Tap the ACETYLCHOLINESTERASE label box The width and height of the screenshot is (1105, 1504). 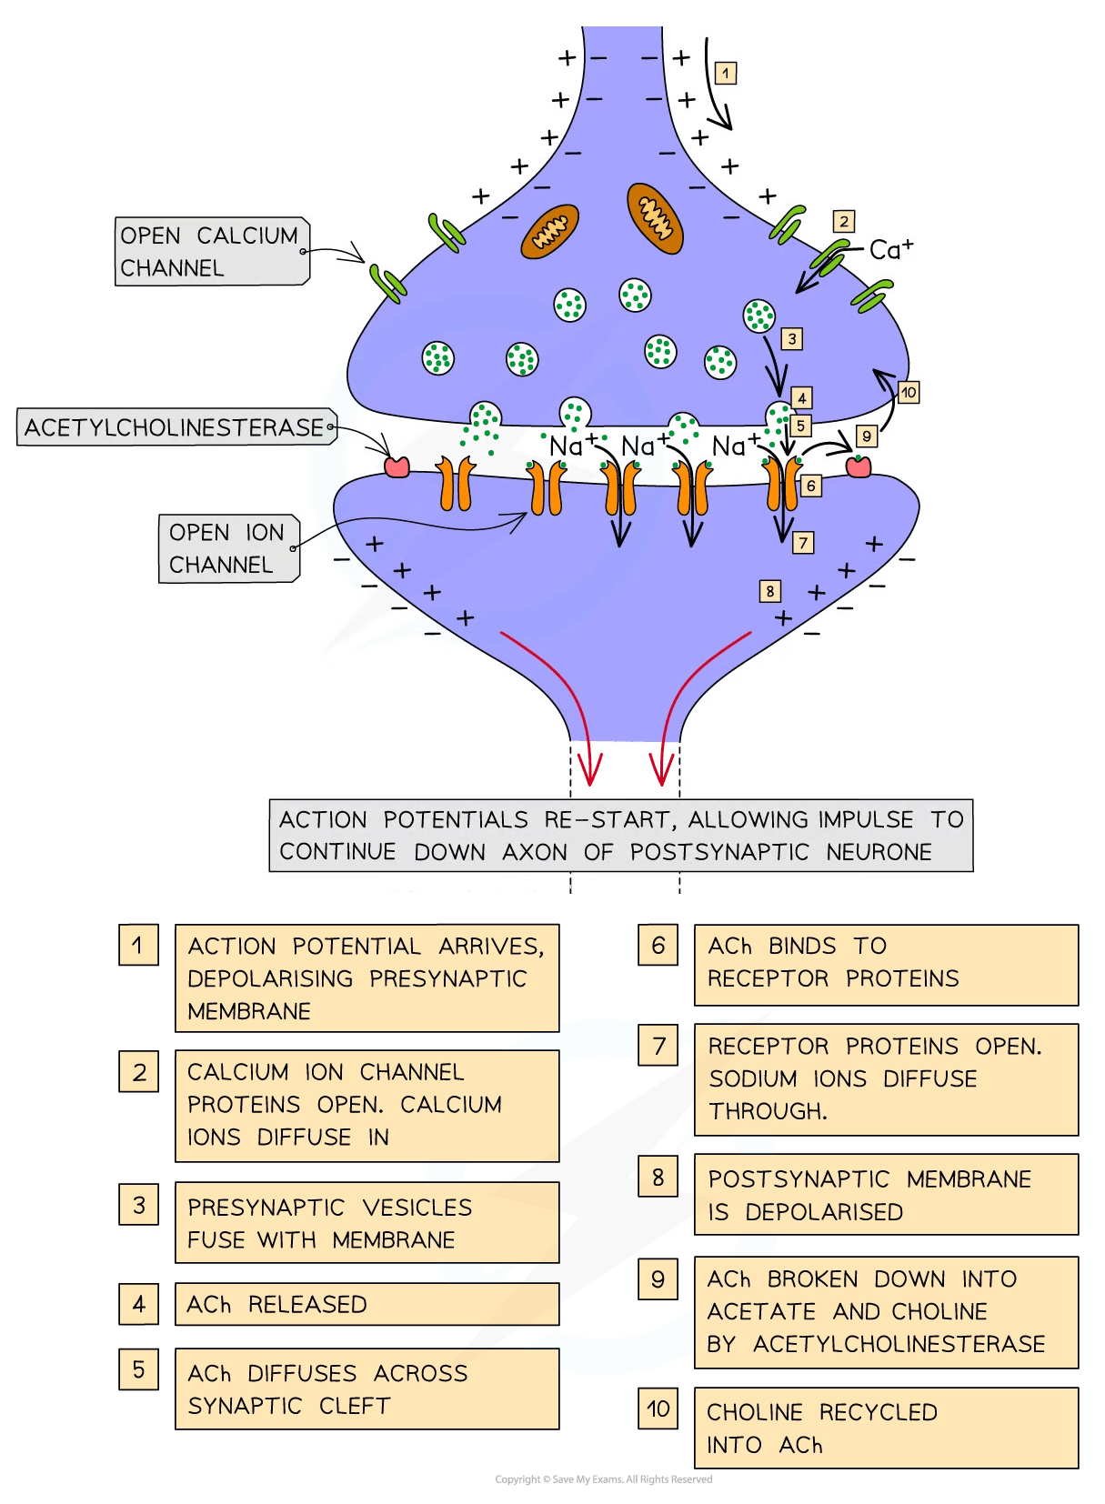175,427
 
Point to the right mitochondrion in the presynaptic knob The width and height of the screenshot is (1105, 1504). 655,217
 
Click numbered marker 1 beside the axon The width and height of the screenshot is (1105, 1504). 725,73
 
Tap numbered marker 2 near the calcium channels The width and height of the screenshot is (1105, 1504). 844,221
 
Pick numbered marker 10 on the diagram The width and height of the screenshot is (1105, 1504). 909,393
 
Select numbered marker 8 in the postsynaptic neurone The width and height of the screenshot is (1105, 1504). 770,591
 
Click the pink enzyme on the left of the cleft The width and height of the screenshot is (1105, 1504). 397,467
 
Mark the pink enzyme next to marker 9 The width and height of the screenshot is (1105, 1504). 859,466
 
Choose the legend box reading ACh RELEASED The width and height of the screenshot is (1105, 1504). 367,1305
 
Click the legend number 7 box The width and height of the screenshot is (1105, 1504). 658,1047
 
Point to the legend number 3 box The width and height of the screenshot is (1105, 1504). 138,1205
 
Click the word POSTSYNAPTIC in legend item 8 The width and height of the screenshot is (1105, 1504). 799,1179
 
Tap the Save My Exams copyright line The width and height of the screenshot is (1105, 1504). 603,1479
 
